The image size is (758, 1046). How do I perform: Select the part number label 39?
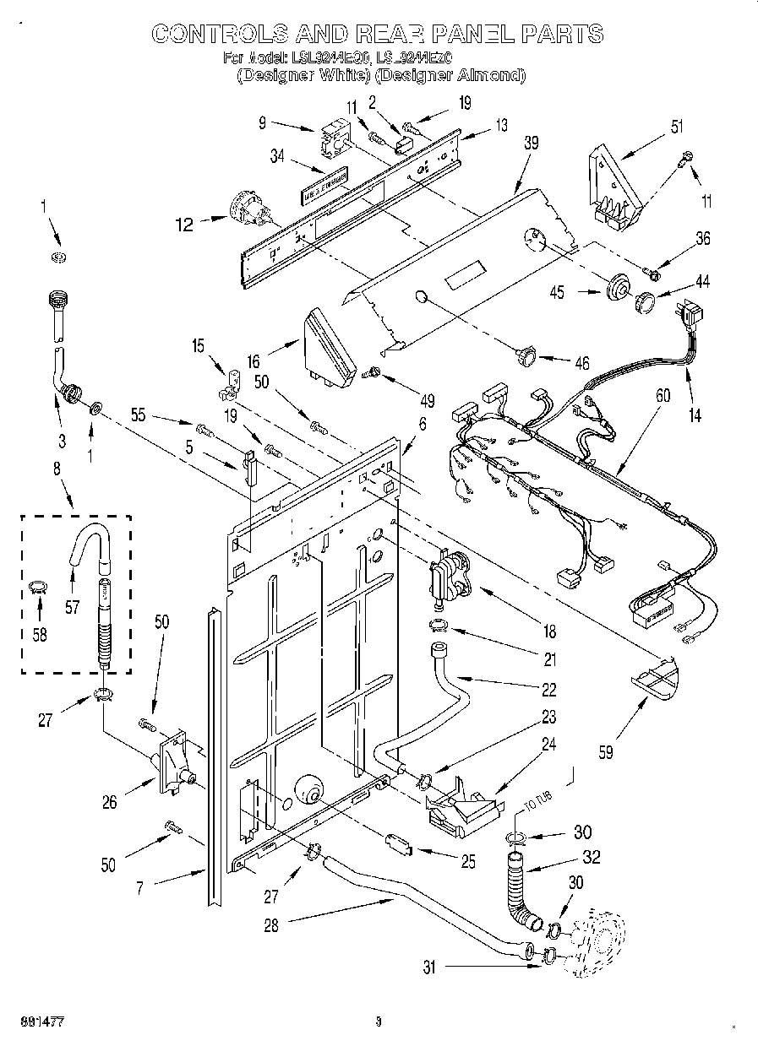click(531, 143)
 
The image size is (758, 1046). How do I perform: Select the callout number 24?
click(549, 745)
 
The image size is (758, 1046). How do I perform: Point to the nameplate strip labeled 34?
click(324, 187)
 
